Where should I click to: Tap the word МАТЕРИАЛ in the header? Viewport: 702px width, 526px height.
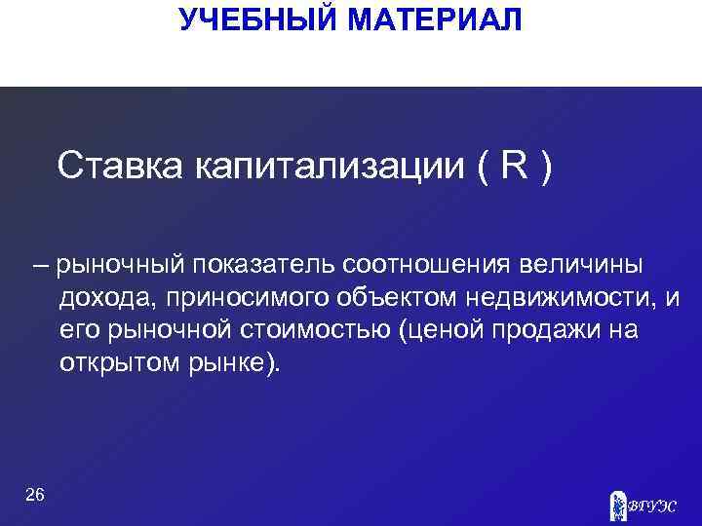tap(432, 19)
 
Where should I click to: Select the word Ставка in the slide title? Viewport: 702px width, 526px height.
tap(120, 167)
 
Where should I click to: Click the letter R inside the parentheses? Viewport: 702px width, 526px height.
tap(513, 167)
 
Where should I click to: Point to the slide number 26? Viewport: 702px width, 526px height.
tap(34, 496)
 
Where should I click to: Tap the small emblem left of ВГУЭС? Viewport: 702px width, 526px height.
tap(617, 504)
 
